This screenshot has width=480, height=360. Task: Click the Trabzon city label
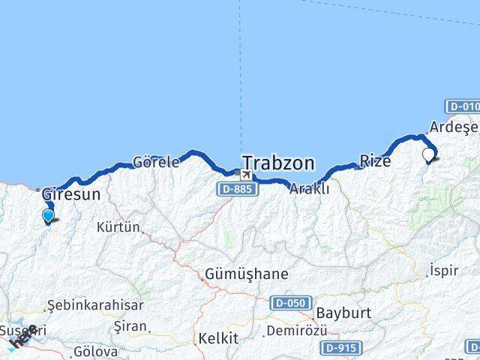tap(278, 163)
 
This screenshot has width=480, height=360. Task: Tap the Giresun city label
tap(71, 194)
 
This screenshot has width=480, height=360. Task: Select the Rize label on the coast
tap(375, 160)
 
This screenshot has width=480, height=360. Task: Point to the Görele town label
tap(156, 161)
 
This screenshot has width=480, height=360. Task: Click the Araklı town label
tap(310, 188)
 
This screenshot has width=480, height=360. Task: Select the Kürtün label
tap(118, 227)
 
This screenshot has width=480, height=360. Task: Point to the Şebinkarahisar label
tap(84, 306)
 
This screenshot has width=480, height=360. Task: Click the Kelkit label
tap(217, 339)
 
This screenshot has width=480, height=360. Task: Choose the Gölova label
tap(95, 351)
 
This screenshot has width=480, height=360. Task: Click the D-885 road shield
tap(238, 190)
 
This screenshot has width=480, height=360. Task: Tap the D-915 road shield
tap(341, 348)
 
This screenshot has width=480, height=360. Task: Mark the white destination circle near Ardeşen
tap(429, 155)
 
